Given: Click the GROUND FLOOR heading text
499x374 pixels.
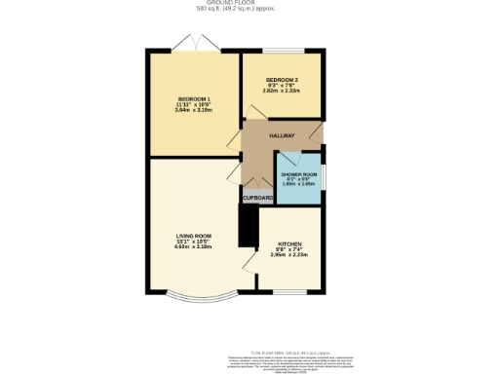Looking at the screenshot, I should (x=249, y=4).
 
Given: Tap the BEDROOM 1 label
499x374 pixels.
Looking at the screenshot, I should (x=194, y=99).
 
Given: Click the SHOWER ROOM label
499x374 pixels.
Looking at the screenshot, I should (x=300, y=174).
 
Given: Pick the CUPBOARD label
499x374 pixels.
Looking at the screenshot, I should (x=257, y=198).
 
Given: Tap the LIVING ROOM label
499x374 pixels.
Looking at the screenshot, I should (x=193, y=236).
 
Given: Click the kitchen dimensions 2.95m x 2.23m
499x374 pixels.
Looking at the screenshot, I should (x=291, y=255).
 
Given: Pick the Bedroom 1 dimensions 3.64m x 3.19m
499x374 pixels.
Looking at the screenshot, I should (x=194, y=111).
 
